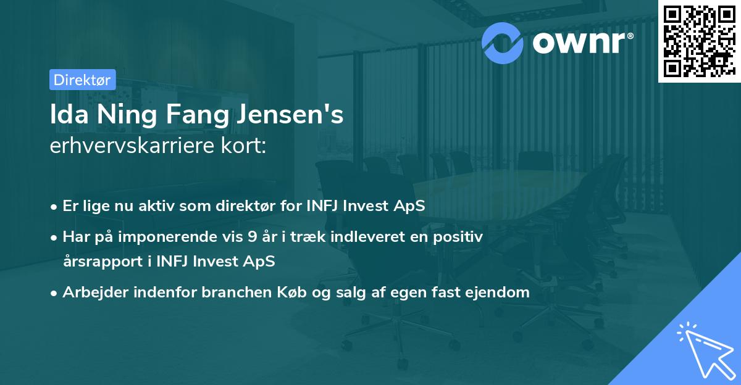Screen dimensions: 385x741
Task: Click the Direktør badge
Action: click(82, 80)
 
